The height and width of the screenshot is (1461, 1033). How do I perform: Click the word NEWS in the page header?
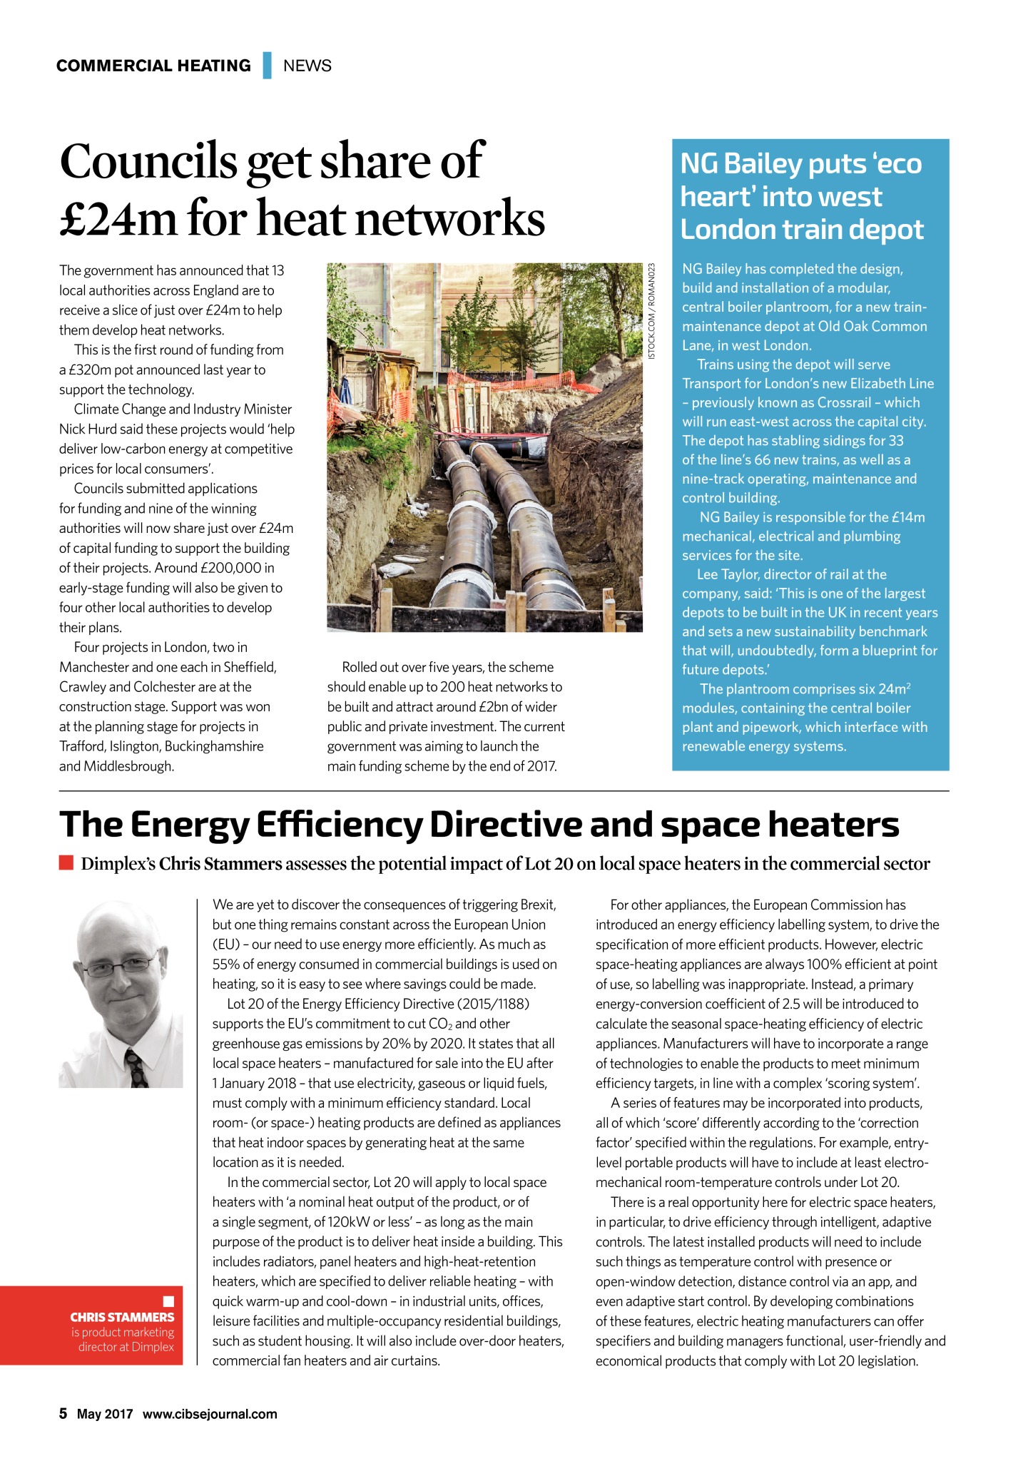[x=307, y=66]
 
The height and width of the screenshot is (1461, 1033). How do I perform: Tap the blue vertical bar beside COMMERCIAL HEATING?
[x=268, y=66]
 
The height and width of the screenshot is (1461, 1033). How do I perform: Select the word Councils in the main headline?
[x=148, y=161]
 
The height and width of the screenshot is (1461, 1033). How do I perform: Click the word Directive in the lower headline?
[x=504, y=825]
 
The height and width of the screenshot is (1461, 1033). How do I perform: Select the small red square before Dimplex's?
[x=66, y=863]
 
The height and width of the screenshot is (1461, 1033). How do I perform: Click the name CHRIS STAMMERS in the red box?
[x=122, y=1317]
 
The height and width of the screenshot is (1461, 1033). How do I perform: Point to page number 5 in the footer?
[x=63, y=1414]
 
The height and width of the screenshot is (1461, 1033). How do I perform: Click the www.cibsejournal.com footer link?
[x=210, y=1414]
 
